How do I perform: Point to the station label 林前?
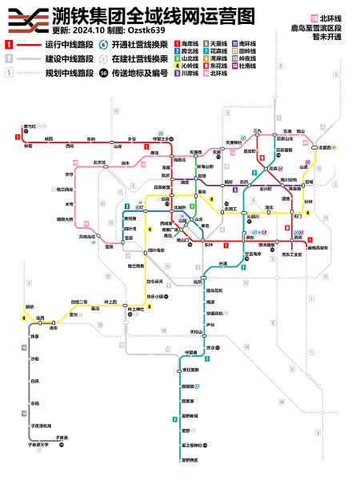click(28, 146)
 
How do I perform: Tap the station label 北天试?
click(100, 161)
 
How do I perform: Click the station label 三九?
click(258, 130)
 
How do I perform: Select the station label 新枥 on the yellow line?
click(30, 306)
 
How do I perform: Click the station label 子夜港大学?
click(39, 445)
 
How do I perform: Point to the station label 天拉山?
click(195, 331)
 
